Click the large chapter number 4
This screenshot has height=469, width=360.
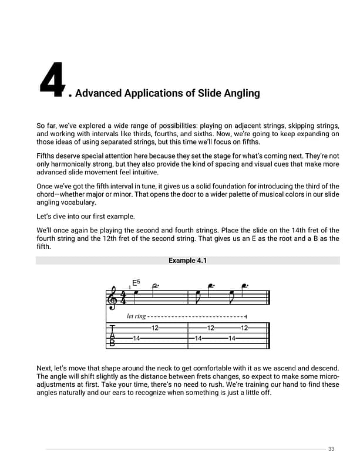coord(52,81)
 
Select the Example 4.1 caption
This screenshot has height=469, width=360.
coord(187,260)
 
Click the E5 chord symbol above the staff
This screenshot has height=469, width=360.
coord(136,283)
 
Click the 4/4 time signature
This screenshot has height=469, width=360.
coord(123,298)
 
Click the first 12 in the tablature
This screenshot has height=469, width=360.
coord(155,328)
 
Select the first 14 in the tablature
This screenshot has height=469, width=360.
coord(136,338)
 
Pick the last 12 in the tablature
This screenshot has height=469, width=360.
coord(245,328)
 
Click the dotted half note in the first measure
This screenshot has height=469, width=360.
coord(154,286)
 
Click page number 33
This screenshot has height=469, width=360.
coord(331,449)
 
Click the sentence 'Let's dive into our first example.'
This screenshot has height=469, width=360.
coord(86,215)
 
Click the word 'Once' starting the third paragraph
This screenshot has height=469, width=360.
coord(46,185)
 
